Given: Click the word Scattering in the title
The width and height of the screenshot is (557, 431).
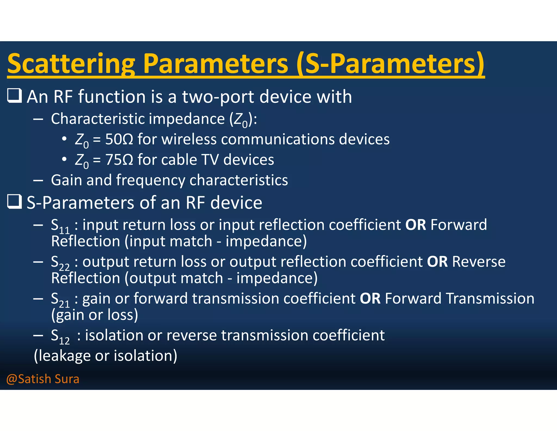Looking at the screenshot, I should click(71, 64).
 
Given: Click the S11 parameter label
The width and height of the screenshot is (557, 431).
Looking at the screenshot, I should click(60, 226).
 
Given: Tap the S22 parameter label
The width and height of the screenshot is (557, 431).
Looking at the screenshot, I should click(60, 263).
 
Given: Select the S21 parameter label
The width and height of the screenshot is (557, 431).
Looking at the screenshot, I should click(60, 300).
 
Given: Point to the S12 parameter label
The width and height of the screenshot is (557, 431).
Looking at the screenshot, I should click(60, 337).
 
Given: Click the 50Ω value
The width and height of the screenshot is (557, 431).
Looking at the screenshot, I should click(119, 139).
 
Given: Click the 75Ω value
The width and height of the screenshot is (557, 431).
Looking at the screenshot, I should click(119, 160).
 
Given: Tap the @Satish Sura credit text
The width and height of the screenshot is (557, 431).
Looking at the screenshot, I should click(43, 379).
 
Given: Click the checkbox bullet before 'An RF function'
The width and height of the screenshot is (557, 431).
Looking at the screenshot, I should click(14, 96).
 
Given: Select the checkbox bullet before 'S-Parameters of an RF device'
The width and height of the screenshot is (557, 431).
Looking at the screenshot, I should click(14, 202).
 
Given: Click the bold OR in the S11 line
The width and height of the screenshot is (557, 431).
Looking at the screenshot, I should click(415, 225).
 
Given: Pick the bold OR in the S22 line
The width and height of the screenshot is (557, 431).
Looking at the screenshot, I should click(437, 262).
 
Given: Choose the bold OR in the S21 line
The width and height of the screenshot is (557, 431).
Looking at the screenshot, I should click(370, 299).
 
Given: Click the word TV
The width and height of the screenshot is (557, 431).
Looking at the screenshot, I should click(210, 160).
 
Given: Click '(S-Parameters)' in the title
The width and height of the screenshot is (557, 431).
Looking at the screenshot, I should click(390, 64).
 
